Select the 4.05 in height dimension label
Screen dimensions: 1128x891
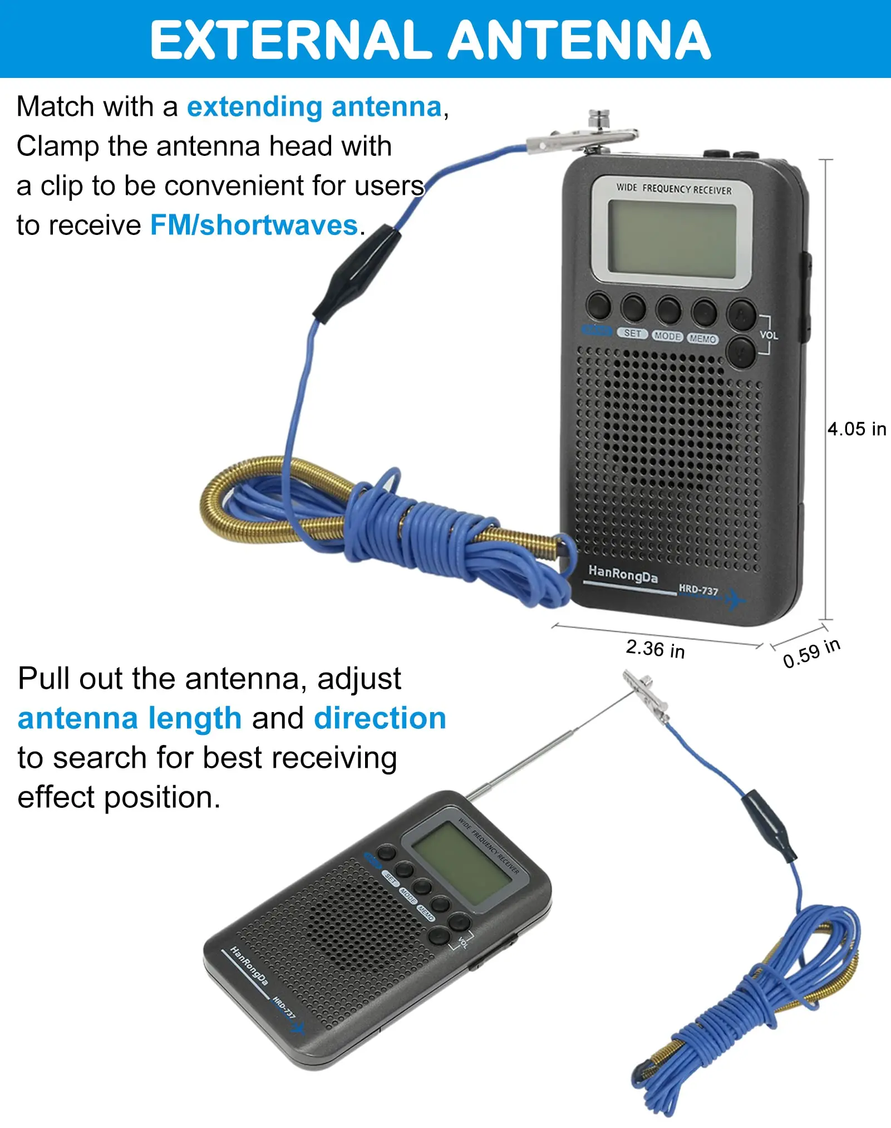point(856,429)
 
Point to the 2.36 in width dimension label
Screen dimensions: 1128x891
point(655,649)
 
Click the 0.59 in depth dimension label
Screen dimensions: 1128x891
point(811,653)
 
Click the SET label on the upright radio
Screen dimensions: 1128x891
point(633,333)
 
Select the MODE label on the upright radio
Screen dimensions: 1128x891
point(667,336)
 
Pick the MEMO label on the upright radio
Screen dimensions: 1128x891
point(703,339)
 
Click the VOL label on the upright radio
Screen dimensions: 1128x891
point(769,335)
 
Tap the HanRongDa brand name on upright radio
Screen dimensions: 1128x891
point(623,574)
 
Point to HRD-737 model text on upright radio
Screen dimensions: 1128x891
point(698,590)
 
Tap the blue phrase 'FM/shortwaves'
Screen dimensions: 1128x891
point(254,225)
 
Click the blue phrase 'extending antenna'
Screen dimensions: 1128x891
point(314,107)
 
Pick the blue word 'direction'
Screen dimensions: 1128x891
point(380,718)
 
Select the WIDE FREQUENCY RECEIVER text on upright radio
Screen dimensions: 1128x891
point(673,189)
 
